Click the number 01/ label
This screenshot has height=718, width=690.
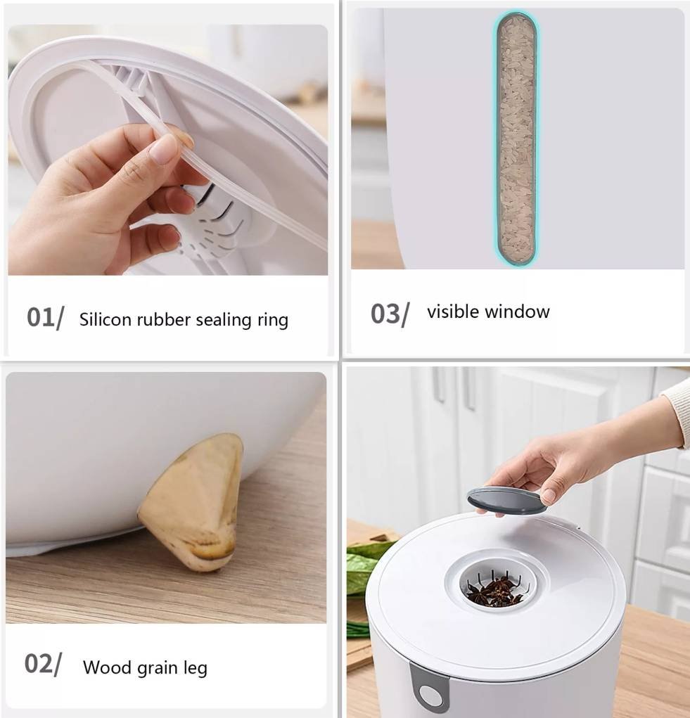pos(45,318)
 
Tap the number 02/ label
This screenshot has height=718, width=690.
pos(43,664)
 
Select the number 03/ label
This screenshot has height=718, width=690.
pos(390,314)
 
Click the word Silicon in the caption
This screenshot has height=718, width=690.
pos(106,319)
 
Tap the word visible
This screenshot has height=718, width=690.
pos(453,312)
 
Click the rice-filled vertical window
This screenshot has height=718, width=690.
pos(516,139)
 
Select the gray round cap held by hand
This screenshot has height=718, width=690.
pos(507,500)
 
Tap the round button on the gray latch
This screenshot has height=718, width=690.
pos(429,695)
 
